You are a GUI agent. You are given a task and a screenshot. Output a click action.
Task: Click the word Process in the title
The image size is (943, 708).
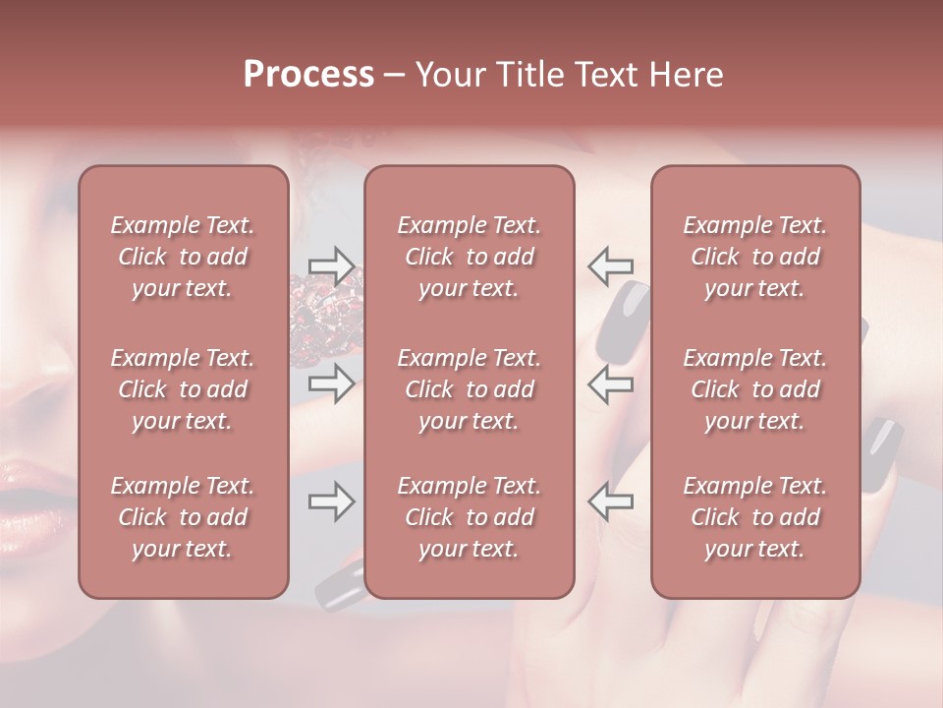pyautogui.click(x=308, y=75)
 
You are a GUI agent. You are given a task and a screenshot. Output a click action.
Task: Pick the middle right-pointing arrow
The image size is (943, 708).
pyautogui.click(x=331, y=383)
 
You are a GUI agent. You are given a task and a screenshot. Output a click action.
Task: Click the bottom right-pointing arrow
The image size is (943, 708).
pyautogui.click(x=331, y=502)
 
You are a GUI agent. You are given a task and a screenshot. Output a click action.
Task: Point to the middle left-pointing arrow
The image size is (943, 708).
pyautogui.click(x=611, y=383)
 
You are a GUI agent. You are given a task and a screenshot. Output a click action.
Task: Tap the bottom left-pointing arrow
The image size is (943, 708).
pyautogui.click(x=611, y=502)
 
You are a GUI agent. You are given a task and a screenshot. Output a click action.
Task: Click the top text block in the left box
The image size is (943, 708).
pyautogui.click(x=183, y=257)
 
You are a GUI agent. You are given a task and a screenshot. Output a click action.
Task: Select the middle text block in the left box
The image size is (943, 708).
pyautogui.click(x=183, y=389)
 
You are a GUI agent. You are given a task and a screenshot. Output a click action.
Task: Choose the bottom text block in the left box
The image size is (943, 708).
pyautogui.click(x=183, y=517)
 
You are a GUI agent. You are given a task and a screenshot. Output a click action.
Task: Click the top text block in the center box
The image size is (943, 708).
pyautogui.click(x=470, y=257)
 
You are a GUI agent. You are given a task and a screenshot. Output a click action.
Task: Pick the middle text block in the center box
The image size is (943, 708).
pyautogui.click(x=470, y=389)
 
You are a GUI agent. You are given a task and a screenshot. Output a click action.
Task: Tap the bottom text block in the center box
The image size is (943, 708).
pyautogui.click(x=470, y=517)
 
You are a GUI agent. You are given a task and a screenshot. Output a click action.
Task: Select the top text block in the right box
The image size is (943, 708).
pyautogui.click(x=755, y=257)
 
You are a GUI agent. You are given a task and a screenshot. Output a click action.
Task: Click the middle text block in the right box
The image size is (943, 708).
pyautogui.click(x=755, y=389)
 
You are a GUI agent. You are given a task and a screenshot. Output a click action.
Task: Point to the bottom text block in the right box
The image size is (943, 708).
pyautogui.click(x=755, y=517)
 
